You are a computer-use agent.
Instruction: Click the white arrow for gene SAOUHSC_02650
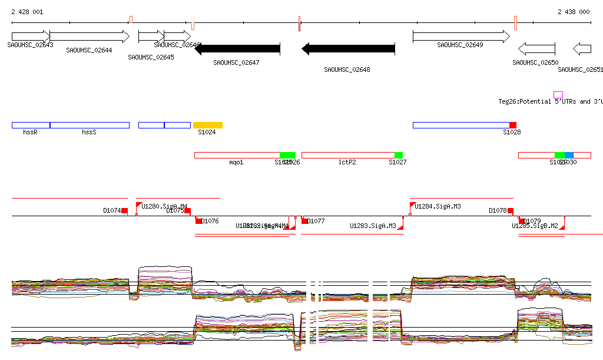tap(536, 49)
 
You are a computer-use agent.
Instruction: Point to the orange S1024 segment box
tap(208, 125)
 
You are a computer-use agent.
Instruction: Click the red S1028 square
tap(513, 125)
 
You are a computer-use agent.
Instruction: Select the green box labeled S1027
tap(399, 155)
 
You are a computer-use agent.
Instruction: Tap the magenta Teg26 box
tap(558, 95)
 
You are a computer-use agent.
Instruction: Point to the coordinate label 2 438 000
tap(574, 12)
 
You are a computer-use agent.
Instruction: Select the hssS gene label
tap(89, 133)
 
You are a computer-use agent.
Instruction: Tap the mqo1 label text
tap(236, 162)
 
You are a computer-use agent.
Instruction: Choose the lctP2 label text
tap(347, 162)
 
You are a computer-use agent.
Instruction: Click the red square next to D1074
tap(124, 211)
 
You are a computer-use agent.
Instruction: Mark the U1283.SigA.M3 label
tap(373, 226)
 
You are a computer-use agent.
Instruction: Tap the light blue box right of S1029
tap(569, 155)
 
